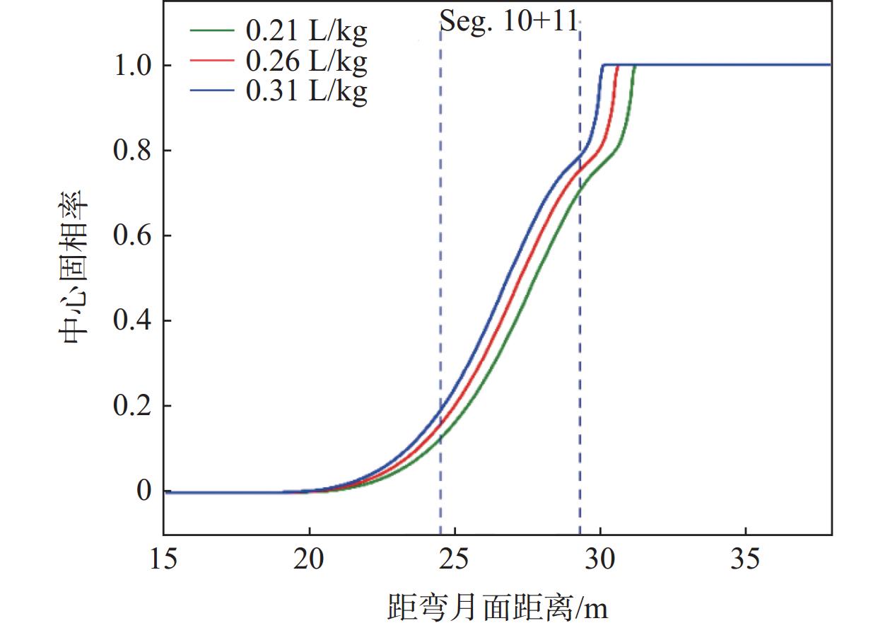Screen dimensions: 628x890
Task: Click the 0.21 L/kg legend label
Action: pos(306,32)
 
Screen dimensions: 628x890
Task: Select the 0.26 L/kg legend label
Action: pos(306,62)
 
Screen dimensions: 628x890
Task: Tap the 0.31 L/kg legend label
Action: pos(306,91)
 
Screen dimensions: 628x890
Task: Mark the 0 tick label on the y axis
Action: pos(144,492)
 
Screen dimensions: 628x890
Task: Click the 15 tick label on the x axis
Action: pos(164,559)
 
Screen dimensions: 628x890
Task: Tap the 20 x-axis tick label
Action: pos(309,559)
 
